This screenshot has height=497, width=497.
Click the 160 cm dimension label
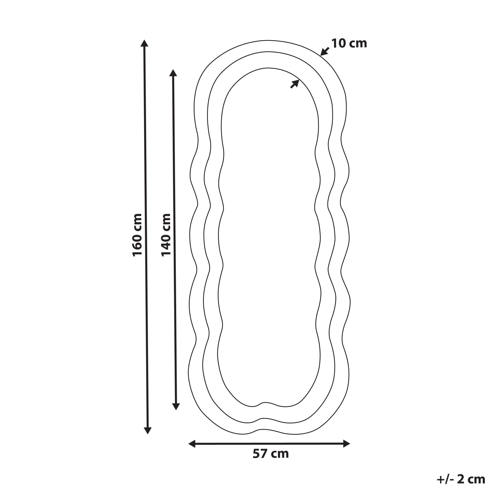coord(137,235)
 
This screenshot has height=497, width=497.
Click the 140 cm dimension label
coord(166,235)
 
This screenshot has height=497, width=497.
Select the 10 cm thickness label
coord(349,44)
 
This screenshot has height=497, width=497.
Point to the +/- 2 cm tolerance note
coord(461,480)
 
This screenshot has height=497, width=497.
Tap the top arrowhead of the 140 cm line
coord(173,73)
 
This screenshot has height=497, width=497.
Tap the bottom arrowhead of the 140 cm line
coord(176,406)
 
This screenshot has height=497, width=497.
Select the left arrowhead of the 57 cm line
coord(192,444)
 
